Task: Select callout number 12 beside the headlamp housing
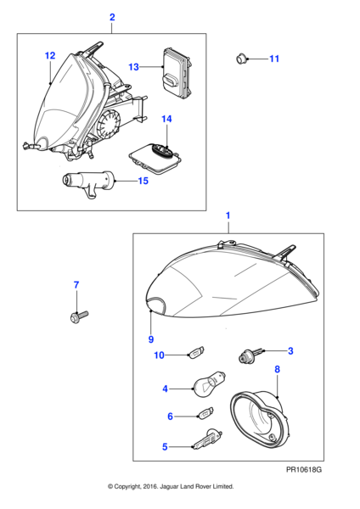coord(50,56)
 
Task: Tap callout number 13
coord(133,66)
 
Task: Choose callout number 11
coord(273,59)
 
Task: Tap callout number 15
coord(143,181)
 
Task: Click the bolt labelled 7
coord(75,317)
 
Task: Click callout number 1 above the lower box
coord(228,217)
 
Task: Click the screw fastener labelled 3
coord(252,355)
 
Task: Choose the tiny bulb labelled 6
coord(202,415)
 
